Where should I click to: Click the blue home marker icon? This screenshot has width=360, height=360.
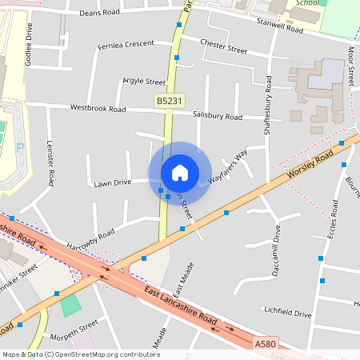pos(180,173)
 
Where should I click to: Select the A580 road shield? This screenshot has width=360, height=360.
pos(266,342)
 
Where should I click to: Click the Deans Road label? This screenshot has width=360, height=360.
pos(99,13)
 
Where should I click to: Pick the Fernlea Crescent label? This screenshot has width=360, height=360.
pos(125,43)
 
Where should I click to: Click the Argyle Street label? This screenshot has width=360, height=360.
pos(144,82)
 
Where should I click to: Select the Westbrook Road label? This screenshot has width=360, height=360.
pos(98,108)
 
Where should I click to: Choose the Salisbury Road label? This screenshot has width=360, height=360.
pos(218,116)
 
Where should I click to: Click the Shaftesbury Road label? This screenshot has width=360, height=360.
pos(267,105)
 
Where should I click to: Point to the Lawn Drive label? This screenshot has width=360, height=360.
pos(112,182)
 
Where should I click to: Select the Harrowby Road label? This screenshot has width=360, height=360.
pos(90,238)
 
